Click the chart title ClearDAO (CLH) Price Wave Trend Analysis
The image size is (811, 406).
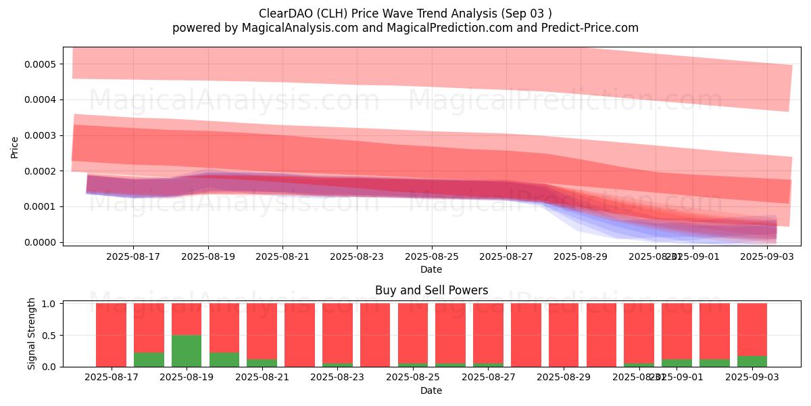(x=405, y=14)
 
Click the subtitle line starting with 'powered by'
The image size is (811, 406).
(x=405, y=28)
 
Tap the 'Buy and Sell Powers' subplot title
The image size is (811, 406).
(x=431, y=290)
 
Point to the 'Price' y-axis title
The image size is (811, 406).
(x=15, y=146)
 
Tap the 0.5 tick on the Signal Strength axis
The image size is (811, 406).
(x=51, y=336)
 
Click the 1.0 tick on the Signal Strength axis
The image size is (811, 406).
(x=51, y=304)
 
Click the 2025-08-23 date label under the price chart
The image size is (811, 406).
(x=358, y=256)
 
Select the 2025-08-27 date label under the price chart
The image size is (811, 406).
(x=507, y=256)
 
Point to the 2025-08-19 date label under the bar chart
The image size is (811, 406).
(x=187, y=378)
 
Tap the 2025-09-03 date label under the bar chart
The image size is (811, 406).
(x=752, y=378)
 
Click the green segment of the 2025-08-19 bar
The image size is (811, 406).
(x=187, y=351)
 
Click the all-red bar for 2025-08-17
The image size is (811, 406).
(x=111, y=335)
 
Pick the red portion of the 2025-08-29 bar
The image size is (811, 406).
(x=564, y=335)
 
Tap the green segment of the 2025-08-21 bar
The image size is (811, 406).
(x=262, y=363)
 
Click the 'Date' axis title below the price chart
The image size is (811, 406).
(x=431, y=269)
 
